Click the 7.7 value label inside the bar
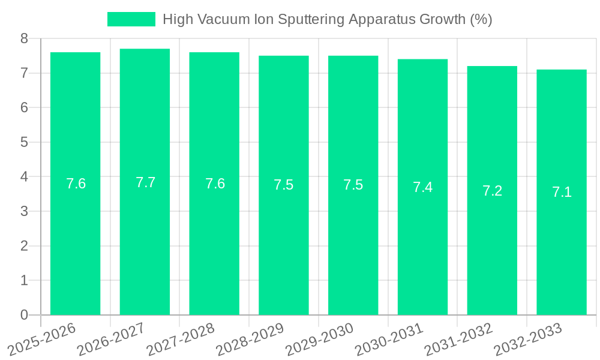(145, 182)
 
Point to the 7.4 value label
(422, 187)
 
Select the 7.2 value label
(492, 191)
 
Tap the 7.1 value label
(562, 192)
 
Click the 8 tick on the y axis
(24, 38)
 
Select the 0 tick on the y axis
(24, 315)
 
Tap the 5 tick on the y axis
(24, 142)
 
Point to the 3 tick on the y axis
(24, 211)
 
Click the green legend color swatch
(131, 19)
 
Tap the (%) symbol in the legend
(481, 19)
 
